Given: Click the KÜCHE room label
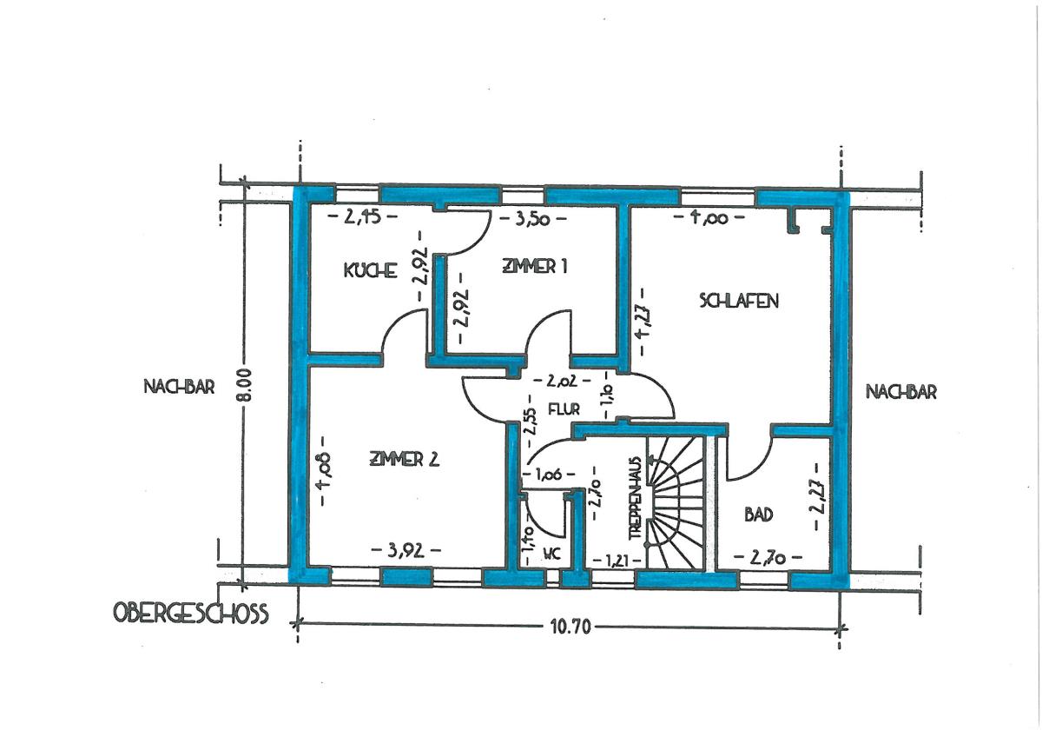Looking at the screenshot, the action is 370,270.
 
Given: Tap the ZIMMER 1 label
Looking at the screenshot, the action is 535,267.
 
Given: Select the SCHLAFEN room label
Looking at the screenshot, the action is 739,301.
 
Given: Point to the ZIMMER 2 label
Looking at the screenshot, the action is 405,460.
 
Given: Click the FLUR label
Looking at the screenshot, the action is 564,409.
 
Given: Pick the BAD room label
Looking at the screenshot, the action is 759,515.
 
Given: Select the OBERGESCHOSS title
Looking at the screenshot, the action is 191,614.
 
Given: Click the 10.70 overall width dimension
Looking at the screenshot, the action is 570,627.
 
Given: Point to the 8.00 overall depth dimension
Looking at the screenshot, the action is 246,384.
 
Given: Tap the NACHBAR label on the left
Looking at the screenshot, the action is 179,387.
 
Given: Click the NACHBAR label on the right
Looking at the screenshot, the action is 901,392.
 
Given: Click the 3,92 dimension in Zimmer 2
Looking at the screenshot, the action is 406,551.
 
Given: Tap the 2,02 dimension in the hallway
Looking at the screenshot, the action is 562,381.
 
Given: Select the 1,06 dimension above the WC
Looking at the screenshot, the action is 549,475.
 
